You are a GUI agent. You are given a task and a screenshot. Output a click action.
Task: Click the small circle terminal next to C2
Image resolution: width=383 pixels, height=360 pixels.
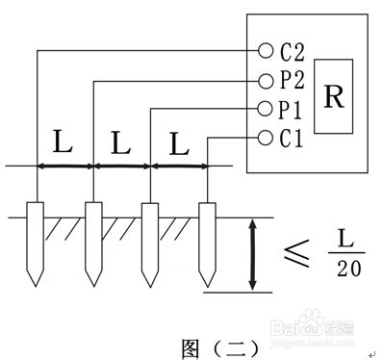[x=266, y=51]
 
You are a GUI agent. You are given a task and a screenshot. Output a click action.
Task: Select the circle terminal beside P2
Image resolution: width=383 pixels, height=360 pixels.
[x=266, y=81]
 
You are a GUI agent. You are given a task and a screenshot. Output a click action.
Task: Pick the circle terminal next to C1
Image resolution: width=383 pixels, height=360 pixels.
[x=266, y=138]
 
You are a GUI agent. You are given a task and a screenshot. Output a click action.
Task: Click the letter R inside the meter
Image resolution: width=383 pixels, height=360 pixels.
[x=333, y=97]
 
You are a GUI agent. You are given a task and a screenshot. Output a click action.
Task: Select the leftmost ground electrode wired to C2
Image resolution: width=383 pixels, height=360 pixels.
[x=37, y=241]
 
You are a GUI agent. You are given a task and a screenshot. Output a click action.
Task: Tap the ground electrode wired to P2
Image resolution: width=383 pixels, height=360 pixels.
[x=93, y=241]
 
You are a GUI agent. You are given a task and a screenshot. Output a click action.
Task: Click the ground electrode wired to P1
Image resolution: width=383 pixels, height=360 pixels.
[x=149, y=241]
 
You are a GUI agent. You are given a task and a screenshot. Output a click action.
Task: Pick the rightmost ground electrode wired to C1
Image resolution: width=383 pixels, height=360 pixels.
[x=205, y=241]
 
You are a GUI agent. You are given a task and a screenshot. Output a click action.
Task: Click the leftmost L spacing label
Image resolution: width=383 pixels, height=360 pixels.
[x=63, y=144]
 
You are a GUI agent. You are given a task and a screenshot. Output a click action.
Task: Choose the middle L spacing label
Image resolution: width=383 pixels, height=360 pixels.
[x=120, y=144]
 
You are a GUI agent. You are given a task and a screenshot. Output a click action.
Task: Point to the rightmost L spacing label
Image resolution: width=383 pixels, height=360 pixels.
[x=178, y=144]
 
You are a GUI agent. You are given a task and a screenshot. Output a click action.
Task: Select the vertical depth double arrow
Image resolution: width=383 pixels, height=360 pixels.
[x=252, y=254]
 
